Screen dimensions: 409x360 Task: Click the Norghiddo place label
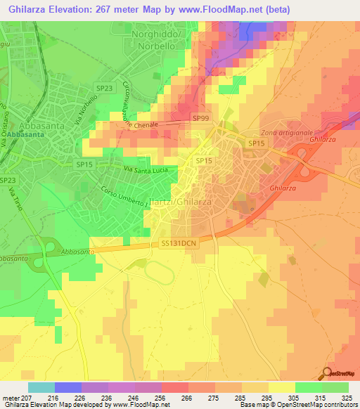point(161,33)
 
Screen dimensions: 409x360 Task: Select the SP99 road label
point(201,119)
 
